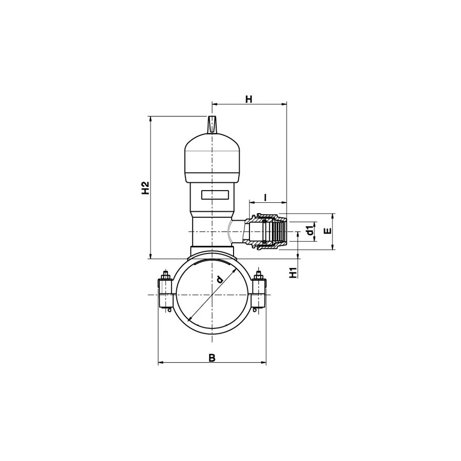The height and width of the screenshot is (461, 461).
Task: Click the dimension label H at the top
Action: [x=249, y=99]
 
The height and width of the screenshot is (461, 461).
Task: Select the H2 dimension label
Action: [x=145, y=188]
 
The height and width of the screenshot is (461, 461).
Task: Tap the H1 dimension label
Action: [x=293, y=273]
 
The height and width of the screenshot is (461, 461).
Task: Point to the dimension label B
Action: [x=212, y=358]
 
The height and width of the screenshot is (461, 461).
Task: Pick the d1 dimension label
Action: [x=309, y=232]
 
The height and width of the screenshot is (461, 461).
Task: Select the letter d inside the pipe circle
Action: [x=219, y=279]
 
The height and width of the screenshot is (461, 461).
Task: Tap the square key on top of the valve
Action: [x=212, y=125]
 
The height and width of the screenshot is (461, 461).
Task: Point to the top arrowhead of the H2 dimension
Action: [x=150, y=119]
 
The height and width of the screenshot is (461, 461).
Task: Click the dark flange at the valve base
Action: [x=212, y=252]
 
